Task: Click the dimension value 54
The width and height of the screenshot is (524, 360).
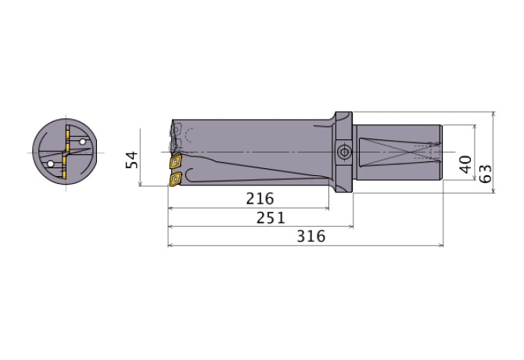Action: (132, 160)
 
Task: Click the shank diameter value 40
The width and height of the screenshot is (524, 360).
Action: (465, 164)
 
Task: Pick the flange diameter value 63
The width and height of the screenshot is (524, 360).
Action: (486, 173)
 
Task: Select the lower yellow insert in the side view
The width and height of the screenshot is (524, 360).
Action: (174, 180)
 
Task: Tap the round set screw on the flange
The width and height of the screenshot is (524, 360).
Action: (343, 150)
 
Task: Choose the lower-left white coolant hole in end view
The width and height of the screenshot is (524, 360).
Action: (52, 164)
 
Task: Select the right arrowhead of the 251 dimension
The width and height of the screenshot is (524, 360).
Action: (352, 227)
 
